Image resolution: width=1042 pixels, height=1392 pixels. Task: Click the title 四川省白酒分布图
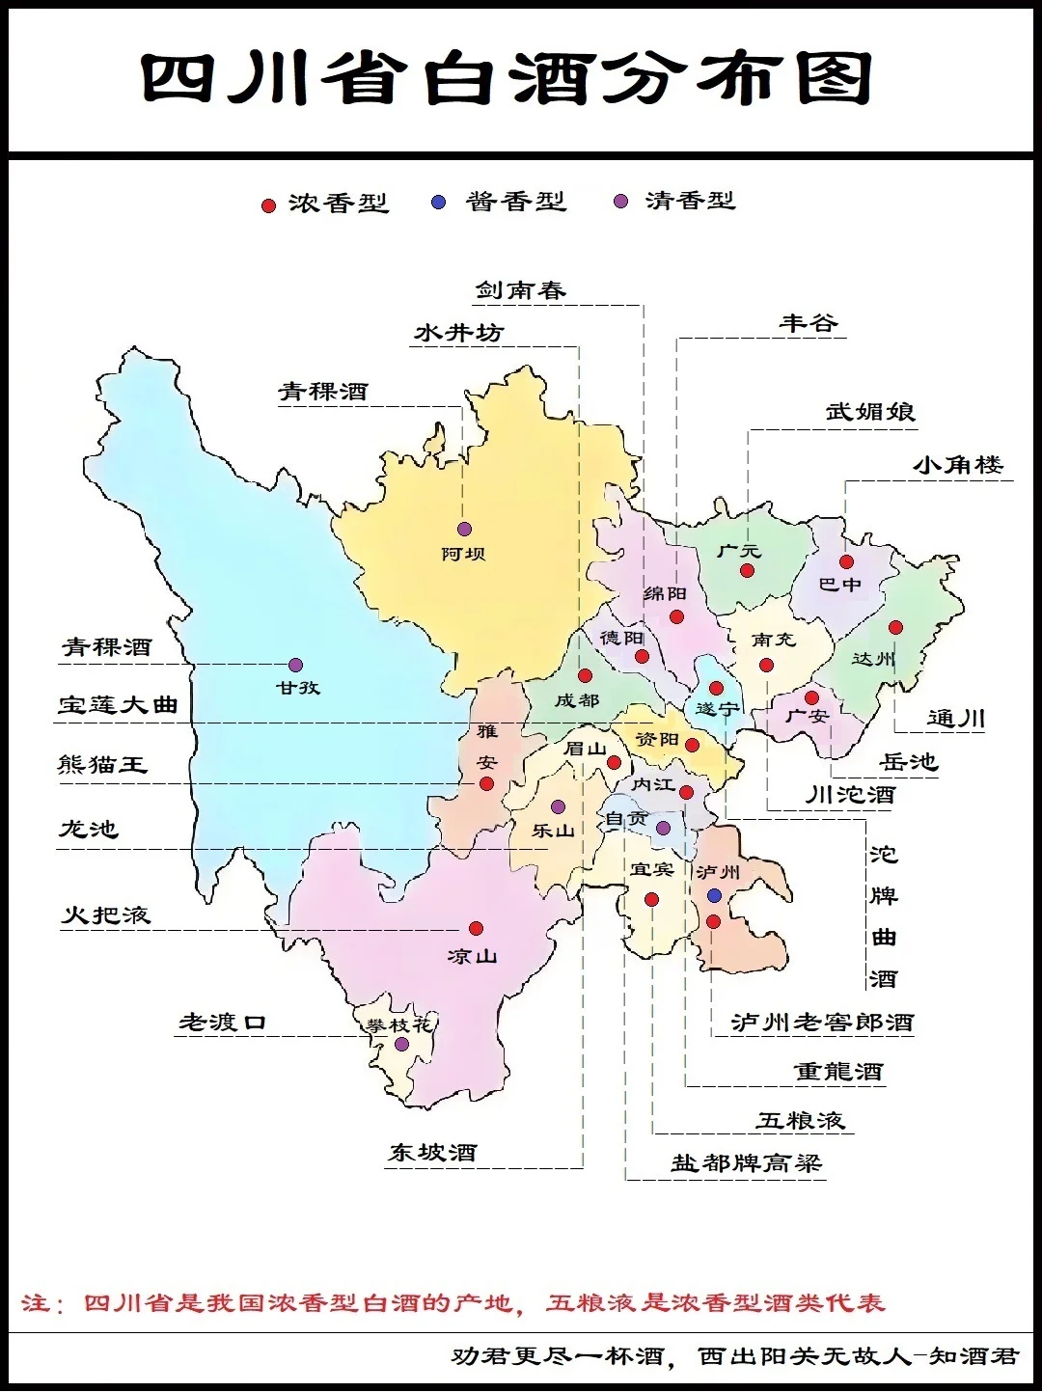(507, 78)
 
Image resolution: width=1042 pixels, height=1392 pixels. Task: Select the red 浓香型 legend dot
(269, 205)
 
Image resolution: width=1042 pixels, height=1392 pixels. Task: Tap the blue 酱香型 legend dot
(439, 203)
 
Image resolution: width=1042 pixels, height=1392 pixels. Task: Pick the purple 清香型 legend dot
(621, 201)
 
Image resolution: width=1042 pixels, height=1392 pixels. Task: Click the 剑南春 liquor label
(520, 290)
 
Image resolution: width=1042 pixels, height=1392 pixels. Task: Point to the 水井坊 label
(459, 333)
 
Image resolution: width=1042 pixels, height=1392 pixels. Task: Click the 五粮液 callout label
(801, 1120)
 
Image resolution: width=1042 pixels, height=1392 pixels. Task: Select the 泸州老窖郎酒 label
(822, 1023)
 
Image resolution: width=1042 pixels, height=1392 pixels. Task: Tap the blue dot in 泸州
(714, 896)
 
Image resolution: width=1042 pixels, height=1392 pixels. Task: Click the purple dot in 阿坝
(464, 529)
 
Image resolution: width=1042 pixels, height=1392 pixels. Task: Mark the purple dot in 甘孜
(295, 665)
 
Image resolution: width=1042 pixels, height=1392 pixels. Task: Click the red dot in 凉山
(476, 928)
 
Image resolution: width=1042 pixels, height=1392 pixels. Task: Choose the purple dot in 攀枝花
(401, 1044)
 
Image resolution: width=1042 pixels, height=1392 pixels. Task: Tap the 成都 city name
(576, 701)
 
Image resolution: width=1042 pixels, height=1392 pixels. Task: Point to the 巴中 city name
(839, 585)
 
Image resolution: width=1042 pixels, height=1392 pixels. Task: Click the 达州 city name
(873, 659)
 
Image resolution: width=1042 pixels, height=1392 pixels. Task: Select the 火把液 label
(106, 914)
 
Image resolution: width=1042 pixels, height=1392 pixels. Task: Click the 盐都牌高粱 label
(746, 1163)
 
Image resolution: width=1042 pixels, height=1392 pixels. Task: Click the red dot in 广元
(747, 571)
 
